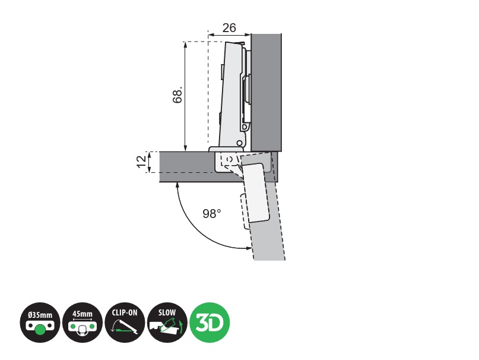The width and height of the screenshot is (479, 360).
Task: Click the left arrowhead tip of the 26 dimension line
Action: point(208,34)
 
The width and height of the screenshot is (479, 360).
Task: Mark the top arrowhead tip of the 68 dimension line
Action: point(185,42)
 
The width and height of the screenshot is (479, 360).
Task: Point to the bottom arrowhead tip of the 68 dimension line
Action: point(185,151)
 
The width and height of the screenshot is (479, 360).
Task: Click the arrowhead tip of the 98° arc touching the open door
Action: point(252,248)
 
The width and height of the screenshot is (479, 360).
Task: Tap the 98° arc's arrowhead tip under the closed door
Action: point(178,182)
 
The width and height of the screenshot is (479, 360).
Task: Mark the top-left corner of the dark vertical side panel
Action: point(252,34)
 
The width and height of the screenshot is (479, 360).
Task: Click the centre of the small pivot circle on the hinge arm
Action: point(240,143)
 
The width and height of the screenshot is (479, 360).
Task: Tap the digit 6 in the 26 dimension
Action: point(233,28)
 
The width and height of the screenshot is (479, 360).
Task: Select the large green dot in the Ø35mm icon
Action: point(39,330)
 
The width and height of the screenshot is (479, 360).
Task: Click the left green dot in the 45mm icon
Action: point(72,327)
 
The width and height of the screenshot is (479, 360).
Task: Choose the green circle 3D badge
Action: point(210,323)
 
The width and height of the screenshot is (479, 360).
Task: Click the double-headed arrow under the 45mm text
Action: point(83,320)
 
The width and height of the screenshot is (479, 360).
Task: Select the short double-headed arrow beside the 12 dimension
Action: point(150,162)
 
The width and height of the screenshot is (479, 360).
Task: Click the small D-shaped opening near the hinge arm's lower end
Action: point(245,127)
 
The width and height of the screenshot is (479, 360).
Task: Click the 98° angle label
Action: point(211,213)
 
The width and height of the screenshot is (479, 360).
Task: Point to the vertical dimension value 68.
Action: point(178,95)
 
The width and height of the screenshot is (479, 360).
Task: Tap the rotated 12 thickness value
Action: point(141,162)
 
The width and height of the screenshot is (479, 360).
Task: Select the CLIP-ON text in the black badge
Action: point(125,312)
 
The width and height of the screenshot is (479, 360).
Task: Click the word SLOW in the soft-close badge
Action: point(167,312)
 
